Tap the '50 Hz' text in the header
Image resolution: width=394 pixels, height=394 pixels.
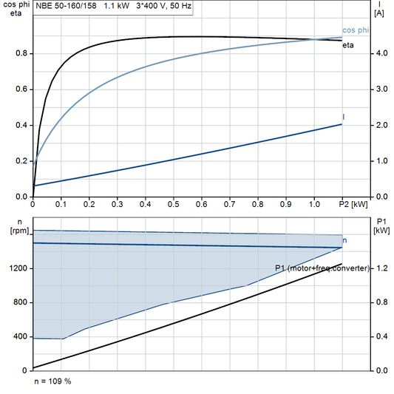click(180, 6)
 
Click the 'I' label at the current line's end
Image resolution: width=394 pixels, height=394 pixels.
click(344, 117)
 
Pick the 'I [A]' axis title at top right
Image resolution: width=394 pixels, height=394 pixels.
click(379, 9)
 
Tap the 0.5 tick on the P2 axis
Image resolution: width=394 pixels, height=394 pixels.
click(174, 203)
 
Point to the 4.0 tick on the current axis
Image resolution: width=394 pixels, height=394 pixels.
click(380, 53)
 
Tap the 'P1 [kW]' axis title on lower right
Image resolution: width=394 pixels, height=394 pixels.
click(382, 226)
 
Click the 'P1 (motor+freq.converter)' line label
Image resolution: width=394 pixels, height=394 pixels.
click(322, 267)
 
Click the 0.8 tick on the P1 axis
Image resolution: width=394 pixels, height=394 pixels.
click(381, 302)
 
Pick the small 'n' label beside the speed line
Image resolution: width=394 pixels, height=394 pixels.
click(345, 241)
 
